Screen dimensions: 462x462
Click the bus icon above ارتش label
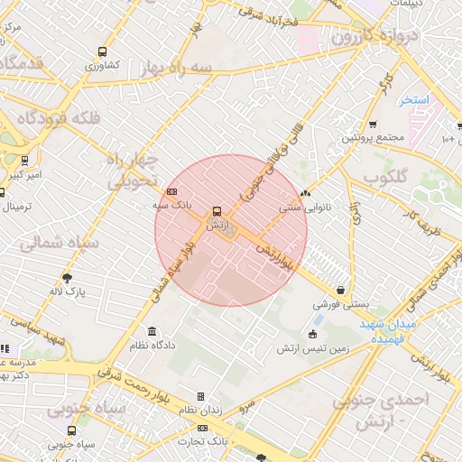[217, 211]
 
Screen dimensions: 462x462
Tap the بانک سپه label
[172, 207]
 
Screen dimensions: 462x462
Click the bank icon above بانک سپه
[172, 191]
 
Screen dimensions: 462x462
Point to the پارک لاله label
[68, 291]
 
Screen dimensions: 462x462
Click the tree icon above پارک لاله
[68, 277]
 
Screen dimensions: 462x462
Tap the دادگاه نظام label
[151, 346]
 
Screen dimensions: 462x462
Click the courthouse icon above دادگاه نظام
[151, 331]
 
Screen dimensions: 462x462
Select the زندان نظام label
[199, 411]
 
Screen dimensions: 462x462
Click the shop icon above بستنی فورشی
[339, 291]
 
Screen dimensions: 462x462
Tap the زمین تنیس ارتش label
[312, 348]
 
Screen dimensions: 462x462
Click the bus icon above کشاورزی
[102, 51]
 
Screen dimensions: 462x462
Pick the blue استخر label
[415, 98]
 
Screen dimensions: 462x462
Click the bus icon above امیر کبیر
[24, 161]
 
